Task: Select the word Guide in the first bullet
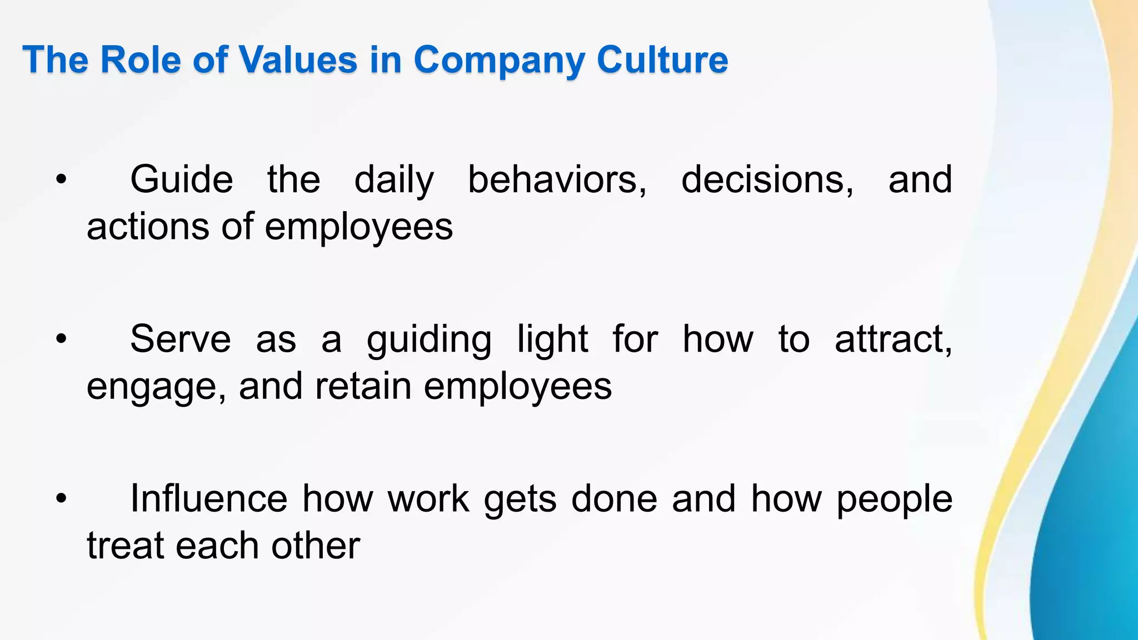coord(181,180)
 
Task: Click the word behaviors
coord(557,180)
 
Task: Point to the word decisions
coord(767,180)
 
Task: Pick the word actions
coord(148,227)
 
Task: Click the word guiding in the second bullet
coord(429,340)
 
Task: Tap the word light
coord(552,340)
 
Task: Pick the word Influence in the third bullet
coord(208,498)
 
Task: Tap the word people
coord(894,499)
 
